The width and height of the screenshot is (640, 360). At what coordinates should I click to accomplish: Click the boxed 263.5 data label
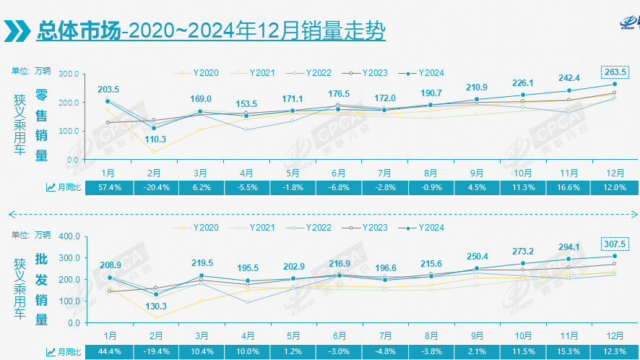tap(614, 72)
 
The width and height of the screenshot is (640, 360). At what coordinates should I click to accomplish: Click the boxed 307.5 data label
tap(614, 243)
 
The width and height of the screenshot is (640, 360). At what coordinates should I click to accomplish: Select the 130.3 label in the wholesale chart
tap(153, 306)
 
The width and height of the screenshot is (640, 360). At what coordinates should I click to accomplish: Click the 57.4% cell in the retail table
tap(108, 187)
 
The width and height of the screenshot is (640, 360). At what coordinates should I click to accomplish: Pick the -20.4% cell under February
tap(154, 187)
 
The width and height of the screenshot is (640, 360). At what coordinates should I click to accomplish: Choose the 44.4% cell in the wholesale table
tap(108, 351)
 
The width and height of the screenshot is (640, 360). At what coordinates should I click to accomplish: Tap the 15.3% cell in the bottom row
tap(568, 351)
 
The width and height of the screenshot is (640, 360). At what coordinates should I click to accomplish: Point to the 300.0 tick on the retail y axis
tap(68, 74)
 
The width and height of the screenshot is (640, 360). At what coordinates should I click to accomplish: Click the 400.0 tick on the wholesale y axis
tap(68, 236)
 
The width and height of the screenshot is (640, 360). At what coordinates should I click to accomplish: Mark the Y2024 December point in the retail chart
tap(614, 85)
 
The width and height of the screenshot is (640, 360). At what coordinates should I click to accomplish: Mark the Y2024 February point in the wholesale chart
tap(154, 294)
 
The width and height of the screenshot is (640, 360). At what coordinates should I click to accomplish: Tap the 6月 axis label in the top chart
tap(339, 173)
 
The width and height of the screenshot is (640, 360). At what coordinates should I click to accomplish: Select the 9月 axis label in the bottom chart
tap(477, 336)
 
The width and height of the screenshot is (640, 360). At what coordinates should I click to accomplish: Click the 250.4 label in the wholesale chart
tap(477, 257)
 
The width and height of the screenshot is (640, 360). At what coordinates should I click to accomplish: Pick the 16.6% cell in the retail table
tap(568, 187)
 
